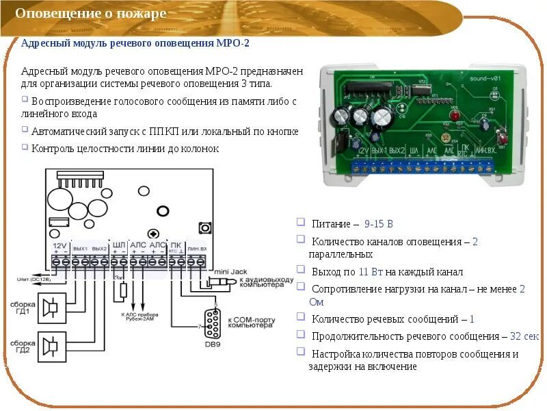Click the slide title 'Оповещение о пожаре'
tap(91, 14)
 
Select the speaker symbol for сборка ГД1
tap(50, 307)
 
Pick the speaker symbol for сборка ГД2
tap(50, 345)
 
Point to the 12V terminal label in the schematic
tap(59, 245)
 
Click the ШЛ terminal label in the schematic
tap(119, 245)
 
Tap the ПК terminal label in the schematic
tap(176, 245)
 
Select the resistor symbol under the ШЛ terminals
tap(123, 290)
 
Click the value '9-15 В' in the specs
tap(379, 224)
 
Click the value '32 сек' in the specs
tap(524, 336)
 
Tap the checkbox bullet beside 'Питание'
tap(301, 223)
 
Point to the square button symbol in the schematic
tap(204, 227)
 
